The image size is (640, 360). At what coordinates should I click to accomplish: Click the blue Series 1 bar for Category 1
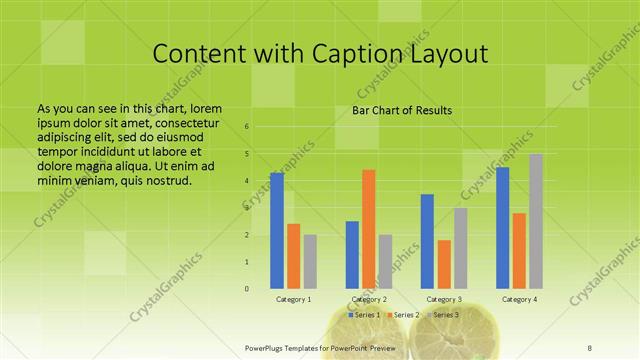point(277,231)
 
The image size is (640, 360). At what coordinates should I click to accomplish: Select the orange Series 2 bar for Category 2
point(368,229)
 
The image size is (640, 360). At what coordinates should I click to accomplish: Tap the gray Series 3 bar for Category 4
point(536,221)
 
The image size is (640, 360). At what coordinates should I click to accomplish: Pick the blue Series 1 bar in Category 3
point(427,241)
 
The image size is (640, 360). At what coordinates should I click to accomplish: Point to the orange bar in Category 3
point(444,264)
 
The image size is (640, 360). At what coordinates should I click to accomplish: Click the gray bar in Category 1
point(310,262)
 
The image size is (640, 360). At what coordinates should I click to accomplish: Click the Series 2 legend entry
point(404,315)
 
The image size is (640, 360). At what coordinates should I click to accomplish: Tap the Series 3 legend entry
point(443,315)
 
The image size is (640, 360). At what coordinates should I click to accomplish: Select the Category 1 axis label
point(294,300)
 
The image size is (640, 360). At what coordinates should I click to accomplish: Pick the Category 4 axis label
point(519,300)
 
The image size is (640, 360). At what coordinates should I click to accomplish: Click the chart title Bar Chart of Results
point(403,110)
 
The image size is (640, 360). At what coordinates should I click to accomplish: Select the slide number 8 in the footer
point(590,346)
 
